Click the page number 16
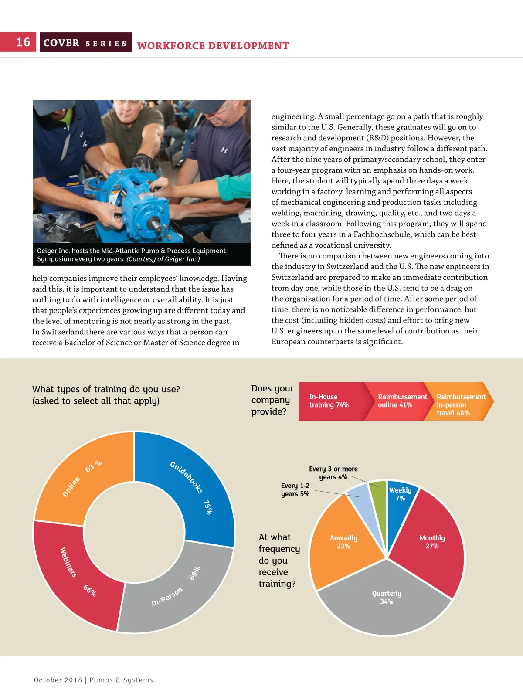pos(23,42)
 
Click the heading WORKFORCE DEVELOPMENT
pos(213,46)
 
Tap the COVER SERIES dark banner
pos(85,43)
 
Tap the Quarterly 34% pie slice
pos(386,601)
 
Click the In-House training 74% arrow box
pos(329,401)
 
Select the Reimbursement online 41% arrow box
pos(394,401)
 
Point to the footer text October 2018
pos(58,680)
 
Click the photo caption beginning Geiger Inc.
pos(131,255)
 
